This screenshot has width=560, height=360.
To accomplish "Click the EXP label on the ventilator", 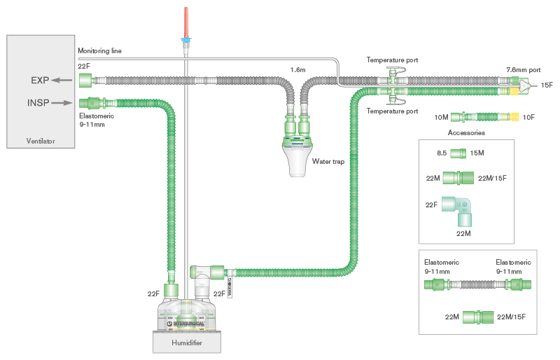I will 40,81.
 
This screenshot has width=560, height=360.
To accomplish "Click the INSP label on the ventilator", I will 38,102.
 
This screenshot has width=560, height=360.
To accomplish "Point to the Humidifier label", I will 188,343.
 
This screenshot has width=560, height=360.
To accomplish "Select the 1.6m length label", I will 297,69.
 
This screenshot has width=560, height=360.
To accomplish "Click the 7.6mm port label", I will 523,70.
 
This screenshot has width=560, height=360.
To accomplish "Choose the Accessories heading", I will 465,132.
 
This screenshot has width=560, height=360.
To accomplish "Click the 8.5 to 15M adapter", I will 458,153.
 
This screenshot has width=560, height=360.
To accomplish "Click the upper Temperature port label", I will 393,60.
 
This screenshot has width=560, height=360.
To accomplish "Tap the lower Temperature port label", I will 393,111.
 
